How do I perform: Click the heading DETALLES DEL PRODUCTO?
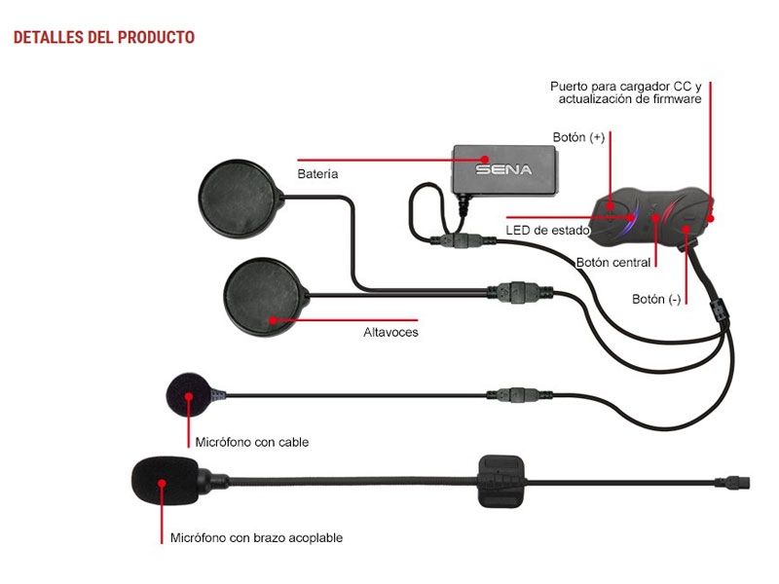[x=103, y=38]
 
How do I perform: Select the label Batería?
[x=317, y=174]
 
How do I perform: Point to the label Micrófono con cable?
[x=252, y=442]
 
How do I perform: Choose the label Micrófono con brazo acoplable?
[x=256, y=537]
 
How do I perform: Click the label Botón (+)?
[x=578, y=137]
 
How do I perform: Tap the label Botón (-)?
[x=656, y=299]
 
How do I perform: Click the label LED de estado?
[x=547, y=231]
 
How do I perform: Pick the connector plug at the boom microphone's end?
[x=732, y=481]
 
